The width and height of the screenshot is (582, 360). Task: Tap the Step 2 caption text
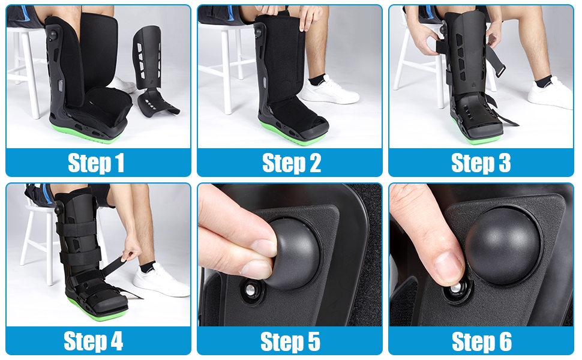(x=291, y=163)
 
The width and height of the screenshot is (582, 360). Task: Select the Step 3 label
(x=481, y=163)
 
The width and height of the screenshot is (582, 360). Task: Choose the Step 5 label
(x=290, y=341)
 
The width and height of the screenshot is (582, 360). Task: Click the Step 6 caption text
(x=481, y=341)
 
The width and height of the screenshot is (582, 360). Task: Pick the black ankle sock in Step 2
(x=316, y=79)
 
